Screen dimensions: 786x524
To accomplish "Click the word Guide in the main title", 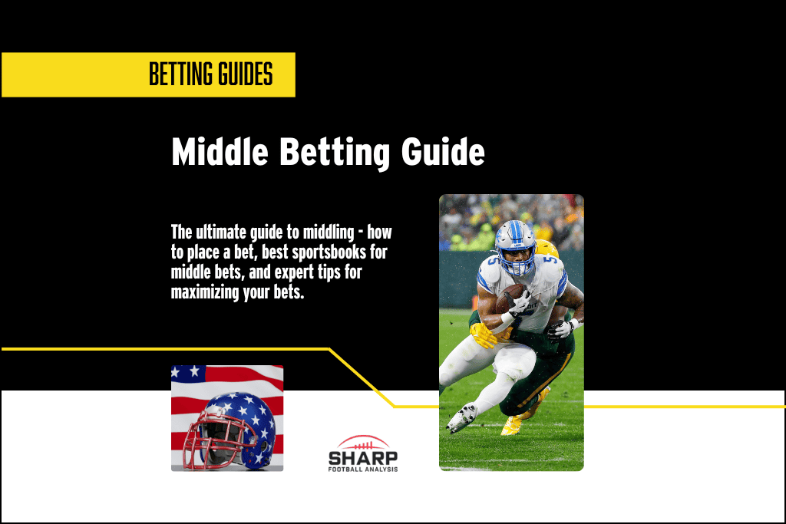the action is [443, 152].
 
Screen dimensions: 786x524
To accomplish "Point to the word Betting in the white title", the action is [335, 152].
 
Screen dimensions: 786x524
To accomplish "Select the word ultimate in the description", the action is [219, 232].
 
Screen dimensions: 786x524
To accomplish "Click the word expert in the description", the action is [293, 272].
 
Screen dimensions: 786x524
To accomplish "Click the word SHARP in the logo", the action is [363, 458].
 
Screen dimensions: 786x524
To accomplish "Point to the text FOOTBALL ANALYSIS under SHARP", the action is [363, 470].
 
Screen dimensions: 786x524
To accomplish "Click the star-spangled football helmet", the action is [228, 430].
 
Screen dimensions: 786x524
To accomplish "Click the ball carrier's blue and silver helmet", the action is [515, 248].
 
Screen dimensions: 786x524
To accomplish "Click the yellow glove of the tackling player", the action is [482, 335].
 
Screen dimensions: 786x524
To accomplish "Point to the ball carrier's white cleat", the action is [461, 417].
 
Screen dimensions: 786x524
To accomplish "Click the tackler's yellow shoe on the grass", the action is [511, 426].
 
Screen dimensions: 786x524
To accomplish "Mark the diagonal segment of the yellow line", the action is [362, 377].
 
